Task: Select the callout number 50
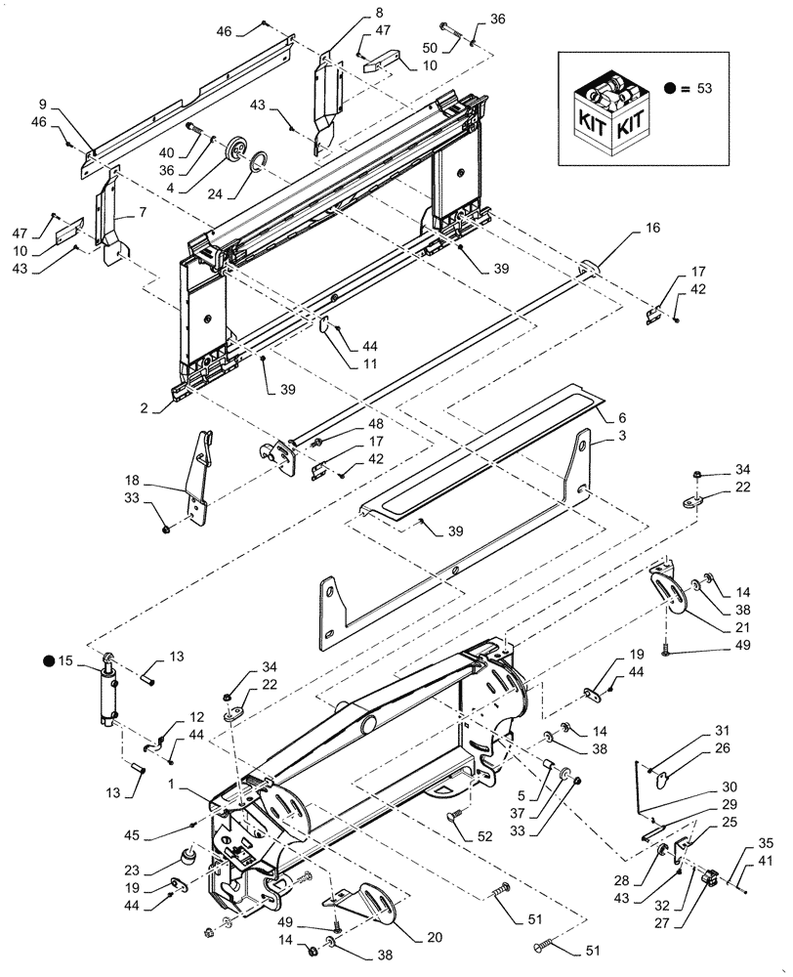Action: pyautogui.click(x=428, y=48)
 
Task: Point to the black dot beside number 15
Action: pyautogui.click(x=49, y=661)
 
